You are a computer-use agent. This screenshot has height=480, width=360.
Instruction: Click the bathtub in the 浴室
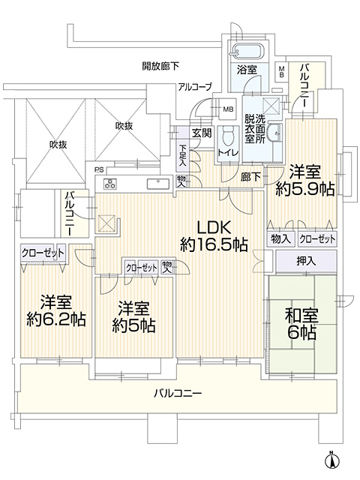tap(248, 52)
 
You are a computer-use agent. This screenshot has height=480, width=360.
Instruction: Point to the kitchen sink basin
tap(158, 184)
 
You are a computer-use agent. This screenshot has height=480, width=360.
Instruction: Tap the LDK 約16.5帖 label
tap(214, 236)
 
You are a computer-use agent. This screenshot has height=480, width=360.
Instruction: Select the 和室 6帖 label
tap(301, 324)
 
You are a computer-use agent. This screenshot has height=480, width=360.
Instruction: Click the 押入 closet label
tap(306, 261)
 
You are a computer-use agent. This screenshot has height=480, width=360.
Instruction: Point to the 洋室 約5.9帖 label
tap(305, 181)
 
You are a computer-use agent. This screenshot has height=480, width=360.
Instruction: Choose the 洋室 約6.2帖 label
tap(56, 311)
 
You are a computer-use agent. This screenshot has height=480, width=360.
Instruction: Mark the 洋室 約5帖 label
tap(133, 316)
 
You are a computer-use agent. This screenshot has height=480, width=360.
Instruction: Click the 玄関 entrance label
tap(202, 133)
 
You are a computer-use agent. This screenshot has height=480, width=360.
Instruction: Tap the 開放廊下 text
tap(160, 66)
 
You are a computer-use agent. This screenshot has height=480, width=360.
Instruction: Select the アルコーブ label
tap(195, 87)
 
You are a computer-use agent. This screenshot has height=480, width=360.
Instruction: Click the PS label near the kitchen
tap(99, 169)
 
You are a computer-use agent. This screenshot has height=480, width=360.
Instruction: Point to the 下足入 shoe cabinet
tap(183, 155)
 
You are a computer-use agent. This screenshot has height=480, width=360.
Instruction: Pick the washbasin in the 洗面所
tap(274, 133)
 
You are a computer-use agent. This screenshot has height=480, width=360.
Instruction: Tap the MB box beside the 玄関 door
tap(228, 109)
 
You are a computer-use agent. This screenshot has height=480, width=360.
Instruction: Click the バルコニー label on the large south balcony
tap(178, 393)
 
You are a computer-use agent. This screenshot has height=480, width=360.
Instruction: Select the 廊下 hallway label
tap(250, 177)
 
